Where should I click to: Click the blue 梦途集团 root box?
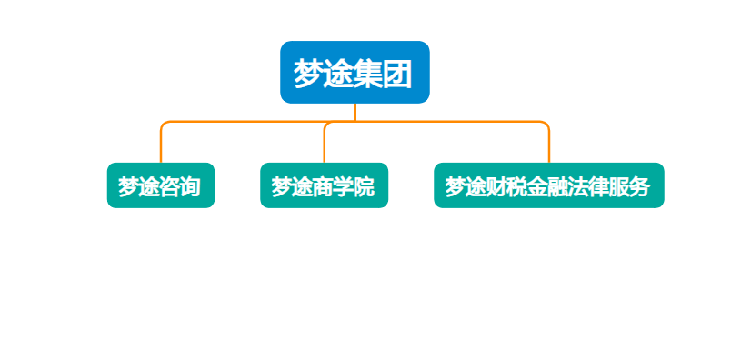[x=355, y=72]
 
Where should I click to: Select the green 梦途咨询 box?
[x=160, y=185]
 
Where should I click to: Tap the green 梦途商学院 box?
[x=324, y=185]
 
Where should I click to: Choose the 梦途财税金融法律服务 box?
[x=548, y=185]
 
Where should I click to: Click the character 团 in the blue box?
[x=397, y=73]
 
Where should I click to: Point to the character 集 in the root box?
[x=367, y=73]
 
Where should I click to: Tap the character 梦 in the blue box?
[x=309, y=73]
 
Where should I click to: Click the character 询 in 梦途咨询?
[x=190, y=186]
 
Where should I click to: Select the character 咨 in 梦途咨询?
[x=170, y=186]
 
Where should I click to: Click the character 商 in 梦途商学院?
[x=324, y=186]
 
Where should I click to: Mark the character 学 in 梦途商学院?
[x=344, y=186]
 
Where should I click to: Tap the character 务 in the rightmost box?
[x=640, y=186]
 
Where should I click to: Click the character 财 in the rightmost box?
[x=496, y=186]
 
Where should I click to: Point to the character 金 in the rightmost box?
[x=537, y=186]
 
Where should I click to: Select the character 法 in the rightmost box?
[x=578, y=186]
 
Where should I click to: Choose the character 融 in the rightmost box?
[x=558, y=186]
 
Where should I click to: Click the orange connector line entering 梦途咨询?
[x=161, y=145]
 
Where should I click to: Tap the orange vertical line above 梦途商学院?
[x=325, y=144]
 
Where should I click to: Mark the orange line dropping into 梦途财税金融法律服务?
[x=549, y=145]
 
